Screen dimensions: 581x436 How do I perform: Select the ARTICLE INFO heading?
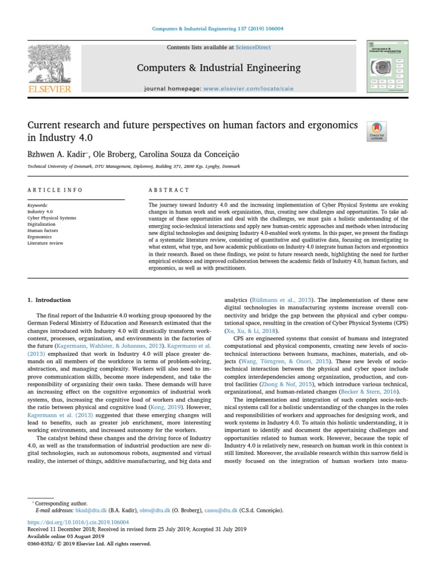point(55,190)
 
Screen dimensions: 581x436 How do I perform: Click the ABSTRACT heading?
point(169,190)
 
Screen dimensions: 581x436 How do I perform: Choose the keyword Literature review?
point(45,243)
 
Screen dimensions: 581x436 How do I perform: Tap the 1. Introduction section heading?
point(49,300)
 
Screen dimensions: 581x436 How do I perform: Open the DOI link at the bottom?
point(78,522)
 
